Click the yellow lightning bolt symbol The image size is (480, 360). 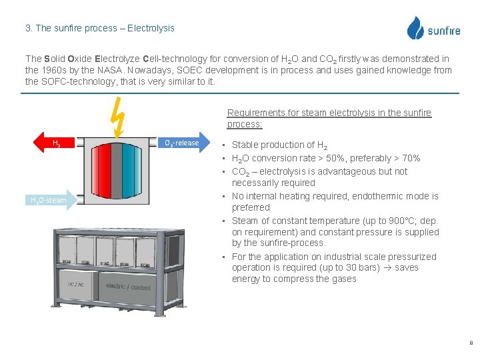[x=118, y=114]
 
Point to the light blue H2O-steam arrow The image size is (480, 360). [x=48, y=200]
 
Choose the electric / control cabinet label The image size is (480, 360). [x=128, y=287]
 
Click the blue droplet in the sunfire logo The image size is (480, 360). [x=415, y=28]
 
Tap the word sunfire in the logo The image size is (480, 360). [x=443, y=31]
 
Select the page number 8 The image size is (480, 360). [x=471, y=343]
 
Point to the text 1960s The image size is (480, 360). [x=55, y=70]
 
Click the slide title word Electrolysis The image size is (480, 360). [x=151, y=28]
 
